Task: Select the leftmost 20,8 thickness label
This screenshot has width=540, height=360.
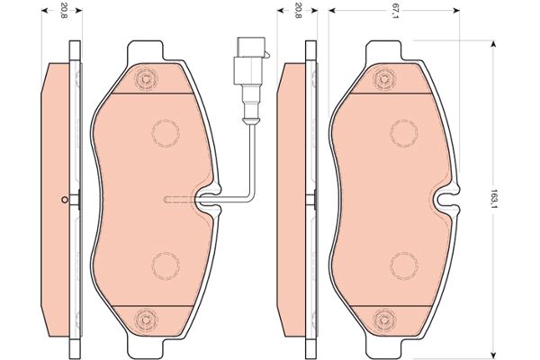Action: tap(63, 11)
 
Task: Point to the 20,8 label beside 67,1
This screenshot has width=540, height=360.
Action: tap(298, 11)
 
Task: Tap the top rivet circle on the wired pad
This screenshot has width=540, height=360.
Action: tap(146, 79)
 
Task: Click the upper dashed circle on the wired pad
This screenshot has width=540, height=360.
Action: tap(166, 133)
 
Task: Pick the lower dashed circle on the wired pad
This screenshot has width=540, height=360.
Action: tap(166, 266)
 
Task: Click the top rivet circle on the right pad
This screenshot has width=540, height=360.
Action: tap(384, 79)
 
